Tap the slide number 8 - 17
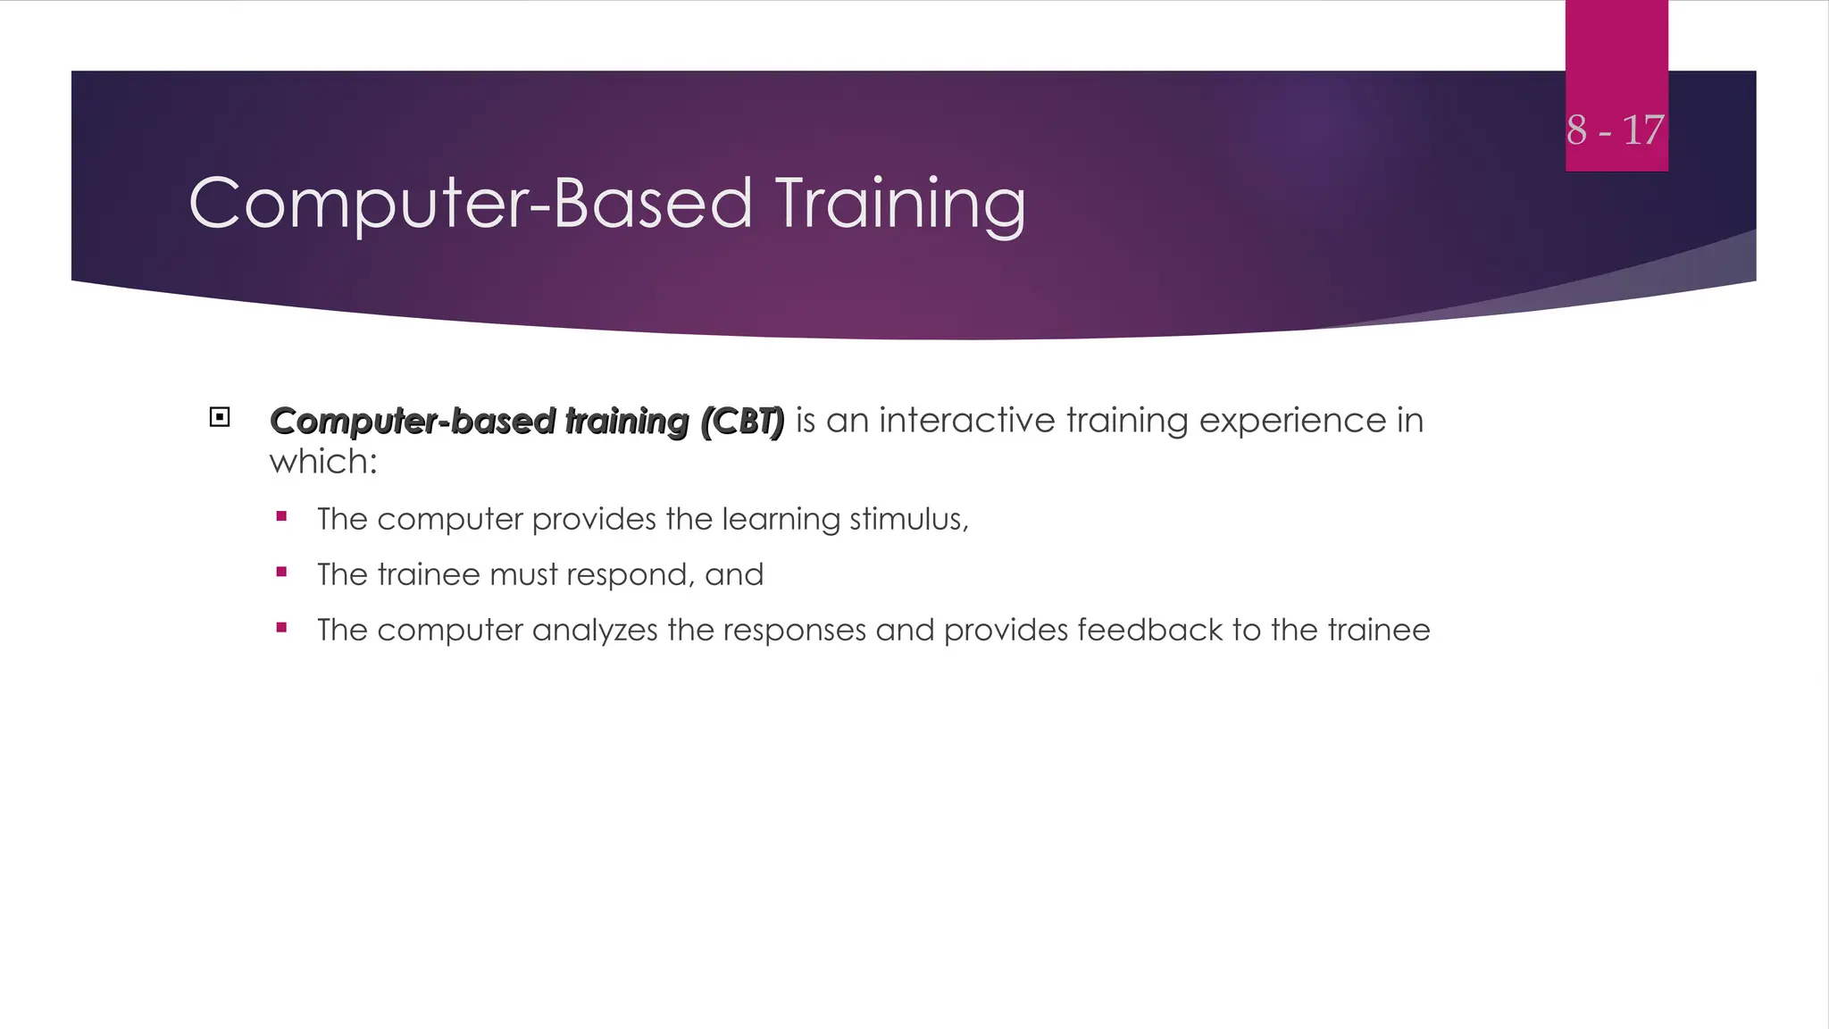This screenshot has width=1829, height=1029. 1615,130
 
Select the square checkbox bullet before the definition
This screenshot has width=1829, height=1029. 220,417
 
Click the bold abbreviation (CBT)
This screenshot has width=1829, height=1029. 742,421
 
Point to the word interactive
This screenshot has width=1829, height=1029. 967,420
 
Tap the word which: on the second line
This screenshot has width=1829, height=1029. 323,462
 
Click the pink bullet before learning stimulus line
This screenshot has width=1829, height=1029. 282,516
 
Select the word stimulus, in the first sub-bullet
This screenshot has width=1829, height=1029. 908,519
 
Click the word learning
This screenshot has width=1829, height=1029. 781,520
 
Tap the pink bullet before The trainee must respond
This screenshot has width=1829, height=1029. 282,572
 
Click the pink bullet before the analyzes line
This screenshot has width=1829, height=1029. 282,627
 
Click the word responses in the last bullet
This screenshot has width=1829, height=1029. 794,631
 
